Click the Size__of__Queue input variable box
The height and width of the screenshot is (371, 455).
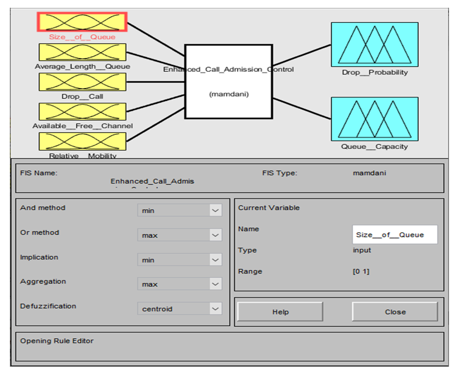point(82,21)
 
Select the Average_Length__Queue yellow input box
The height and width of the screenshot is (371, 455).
point(82,52)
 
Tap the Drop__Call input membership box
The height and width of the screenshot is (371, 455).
point(82,82)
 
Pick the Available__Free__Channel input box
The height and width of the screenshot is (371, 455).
point(82,112)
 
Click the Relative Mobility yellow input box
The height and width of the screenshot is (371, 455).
point(82,141)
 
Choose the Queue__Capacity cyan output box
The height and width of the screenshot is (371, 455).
point(374,119)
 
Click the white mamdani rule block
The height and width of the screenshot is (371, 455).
point(228,81)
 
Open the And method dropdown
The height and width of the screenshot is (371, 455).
point(180,210)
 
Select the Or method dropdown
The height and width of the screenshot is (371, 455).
point(180,235)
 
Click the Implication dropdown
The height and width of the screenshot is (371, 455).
point(180,260)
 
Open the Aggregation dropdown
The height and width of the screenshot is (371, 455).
point(180,284)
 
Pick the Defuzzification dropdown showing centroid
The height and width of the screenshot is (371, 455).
point(180,308)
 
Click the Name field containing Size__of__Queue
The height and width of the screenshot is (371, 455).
point(394,234)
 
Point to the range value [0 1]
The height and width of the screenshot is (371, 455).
point(361,271)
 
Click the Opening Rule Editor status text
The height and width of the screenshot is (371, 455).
point(57,341)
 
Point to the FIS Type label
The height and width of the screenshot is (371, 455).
point(279,173)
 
